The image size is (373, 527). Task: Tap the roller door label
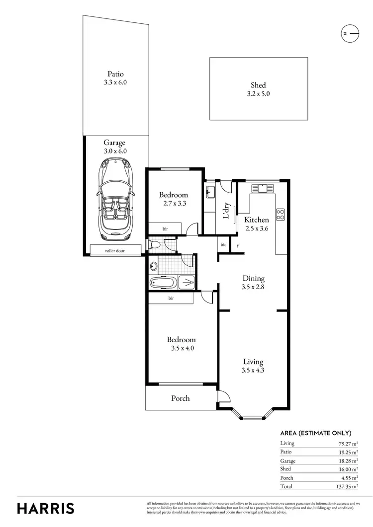(115, 251)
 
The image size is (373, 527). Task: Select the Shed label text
(258, 85)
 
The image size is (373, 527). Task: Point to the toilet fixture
(155, 244)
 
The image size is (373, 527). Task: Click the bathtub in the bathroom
(163, 283)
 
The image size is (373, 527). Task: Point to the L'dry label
(226, 211)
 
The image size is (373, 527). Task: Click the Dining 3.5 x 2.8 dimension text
(253, 287)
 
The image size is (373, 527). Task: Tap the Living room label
(253, 362)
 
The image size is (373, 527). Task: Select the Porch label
(180, 398)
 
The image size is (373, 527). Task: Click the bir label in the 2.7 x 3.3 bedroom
(165, 229)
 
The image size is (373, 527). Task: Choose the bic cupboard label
(224, 245)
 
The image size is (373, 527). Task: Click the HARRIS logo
(46, 508)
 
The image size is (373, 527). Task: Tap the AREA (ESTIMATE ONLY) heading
(316, 433)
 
